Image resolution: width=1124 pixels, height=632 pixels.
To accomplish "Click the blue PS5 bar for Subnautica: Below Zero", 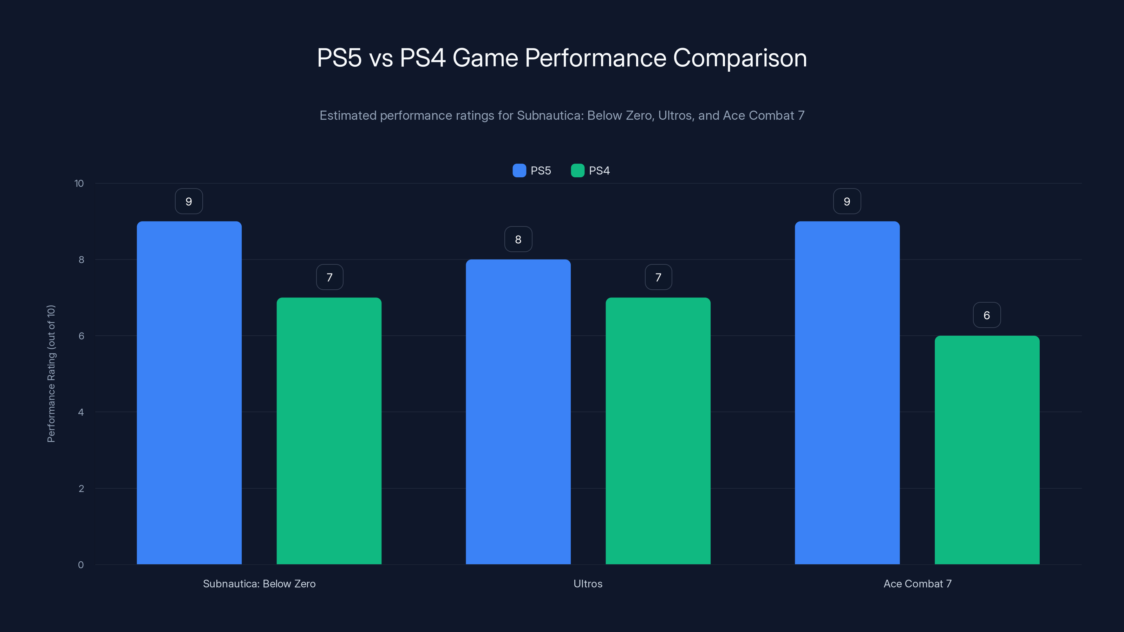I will pos(189,393).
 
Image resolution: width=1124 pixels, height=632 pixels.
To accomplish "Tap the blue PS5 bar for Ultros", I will pos(518,412).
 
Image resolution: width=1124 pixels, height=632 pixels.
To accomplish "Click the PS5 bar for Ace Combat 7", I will pos(847,393).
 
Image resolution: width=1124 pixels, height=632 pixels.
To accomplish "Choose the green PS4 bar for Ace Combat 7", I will pos(987,450).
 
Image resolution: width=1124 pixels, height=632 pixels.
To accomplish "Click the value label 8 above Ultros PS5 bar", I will pos(518,239).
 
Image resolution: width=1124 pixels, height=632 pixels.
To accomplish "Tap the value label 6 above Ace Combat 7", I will pos(987,315).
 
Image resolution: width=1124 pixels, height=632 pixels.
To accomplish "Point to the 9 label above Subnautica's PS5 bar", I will pos(189,201).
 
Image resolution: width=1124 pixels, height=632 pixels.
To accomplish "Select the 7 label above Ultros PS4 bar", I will pos(658,277).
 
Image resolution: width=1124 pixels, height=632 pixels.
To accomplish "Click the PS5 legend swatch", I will pos(519,171).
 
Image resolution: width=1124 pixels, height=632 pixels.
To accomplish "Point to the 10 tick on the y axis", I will pos(79,183).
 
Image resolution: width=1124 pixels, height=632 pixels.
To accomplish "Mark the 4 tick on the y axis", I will pos(81,412).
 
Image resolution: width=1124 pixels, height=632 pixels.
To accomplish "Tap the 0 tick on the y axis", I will pos(81,565).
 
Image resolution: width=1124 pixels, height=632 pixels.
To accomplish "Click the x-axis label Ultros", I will pos(588,584).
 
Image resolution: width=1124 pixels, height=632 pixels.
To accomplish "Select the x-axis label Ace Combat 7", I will pos(917,584).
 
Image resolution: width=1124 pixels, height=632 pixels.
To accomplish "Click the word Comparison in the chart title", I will pos(740,58).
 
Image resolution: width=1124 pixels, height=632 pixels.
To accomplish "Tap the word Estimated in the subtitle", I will pos(348,116).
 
